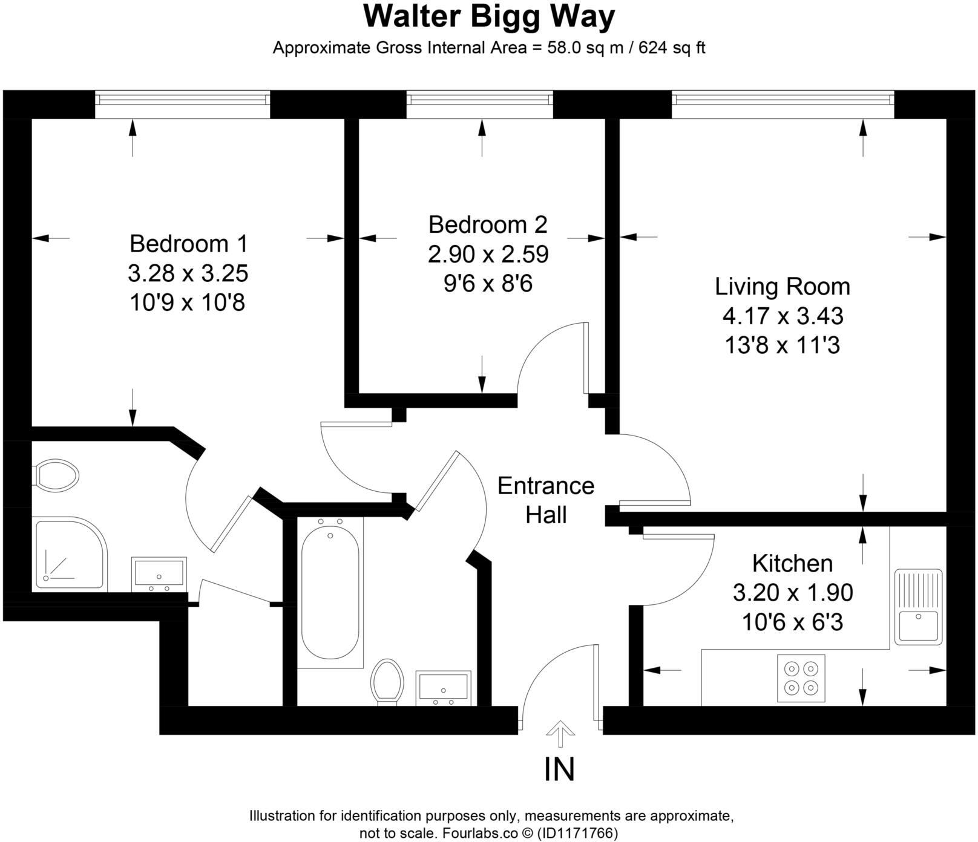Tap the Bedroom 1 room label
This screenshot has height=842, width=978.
(x=188, y=243)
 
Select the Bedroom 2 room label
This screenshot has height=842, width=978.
(x=488, y=224)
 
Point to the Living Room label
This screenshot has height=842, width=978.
(x=783, y=286)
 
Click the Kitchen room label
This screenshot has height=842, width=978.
(x=792, y=563)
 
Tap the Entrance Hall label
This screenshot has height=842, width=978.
(x=546, y=500)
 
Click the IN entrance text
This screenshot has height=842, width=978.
(x=559, y=769)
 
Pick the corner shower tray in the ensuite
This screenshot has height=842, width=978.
(x=70, y=553)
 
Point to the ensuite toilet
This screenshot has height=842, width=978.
(x=56, y=474)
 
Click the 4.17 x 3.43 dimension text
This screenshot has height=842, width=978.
(x=783, y=316)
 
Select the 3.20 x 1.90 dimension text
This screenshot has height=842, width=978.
(x=793, y=593)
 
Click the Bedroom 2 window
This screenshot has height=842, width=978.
(x=479, y=104)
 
